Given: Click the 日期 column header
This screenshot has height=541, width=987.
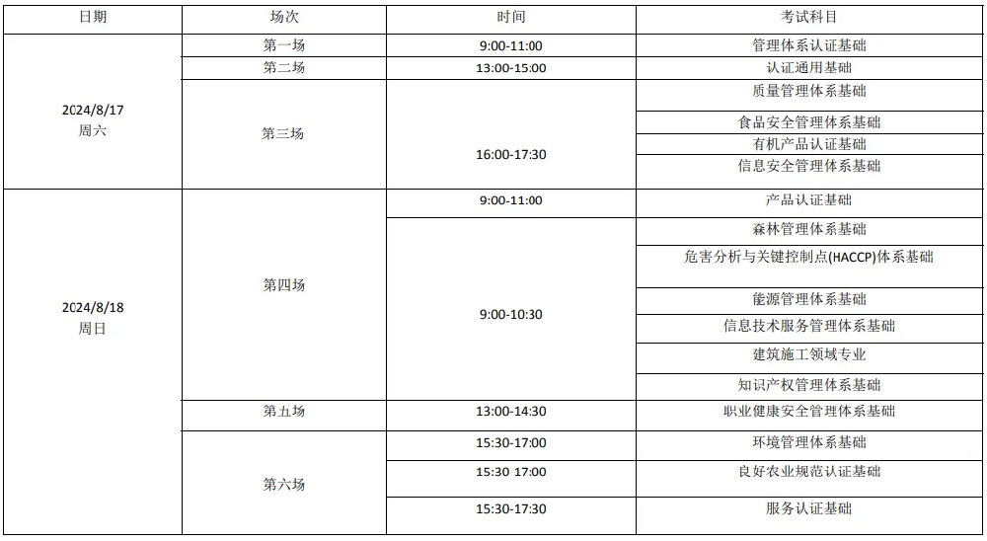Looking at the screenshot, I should click(92, 18).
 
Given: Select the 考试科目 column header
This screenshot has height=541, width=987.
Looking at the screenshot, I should click(808, 18).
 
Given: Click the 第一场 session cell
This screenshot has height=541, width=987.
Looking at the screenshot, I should click(283, 45).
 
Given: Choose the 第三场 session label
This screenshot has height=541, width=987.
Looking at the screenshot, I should click(283, 133).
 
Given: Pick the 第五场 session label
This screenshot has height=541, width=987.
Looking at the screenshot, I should click(283, 412).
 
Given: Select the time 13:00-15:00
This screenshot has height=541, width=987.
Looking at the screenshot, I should click(510, 68).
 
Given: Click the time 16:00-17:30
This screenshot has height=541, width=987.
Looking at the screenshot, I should click(510, 155).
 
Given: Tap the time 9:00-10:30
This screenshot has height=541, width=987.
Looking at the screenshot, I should click(510, 315).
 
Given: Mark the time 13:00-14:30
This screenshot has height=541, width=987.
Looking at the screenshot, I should click(510, 412).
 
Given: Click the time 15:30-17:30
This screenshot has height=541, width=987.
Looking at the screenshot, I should click(510, 509).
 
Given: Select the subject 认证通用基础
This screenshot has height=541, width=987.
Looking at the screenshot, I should click(808, 68).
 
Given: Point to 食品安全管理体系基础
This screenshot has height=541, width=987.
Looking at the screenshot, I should click(808, 122).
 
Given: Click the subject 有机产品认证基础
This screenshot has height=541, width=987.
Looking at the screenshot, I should click(808, 144).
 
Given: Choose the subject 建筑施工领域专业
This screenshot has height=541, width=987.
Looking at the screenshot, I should click(808, 354).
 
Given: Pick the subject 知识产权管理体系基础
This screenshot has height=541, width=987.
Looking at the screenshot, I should click(808, 385).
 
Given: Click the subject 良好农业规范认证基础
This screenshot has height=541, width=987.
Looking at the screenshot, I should click(808, 472).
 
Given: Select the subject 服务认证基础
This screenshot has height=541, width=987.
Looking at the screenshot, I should click(808, 509).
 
